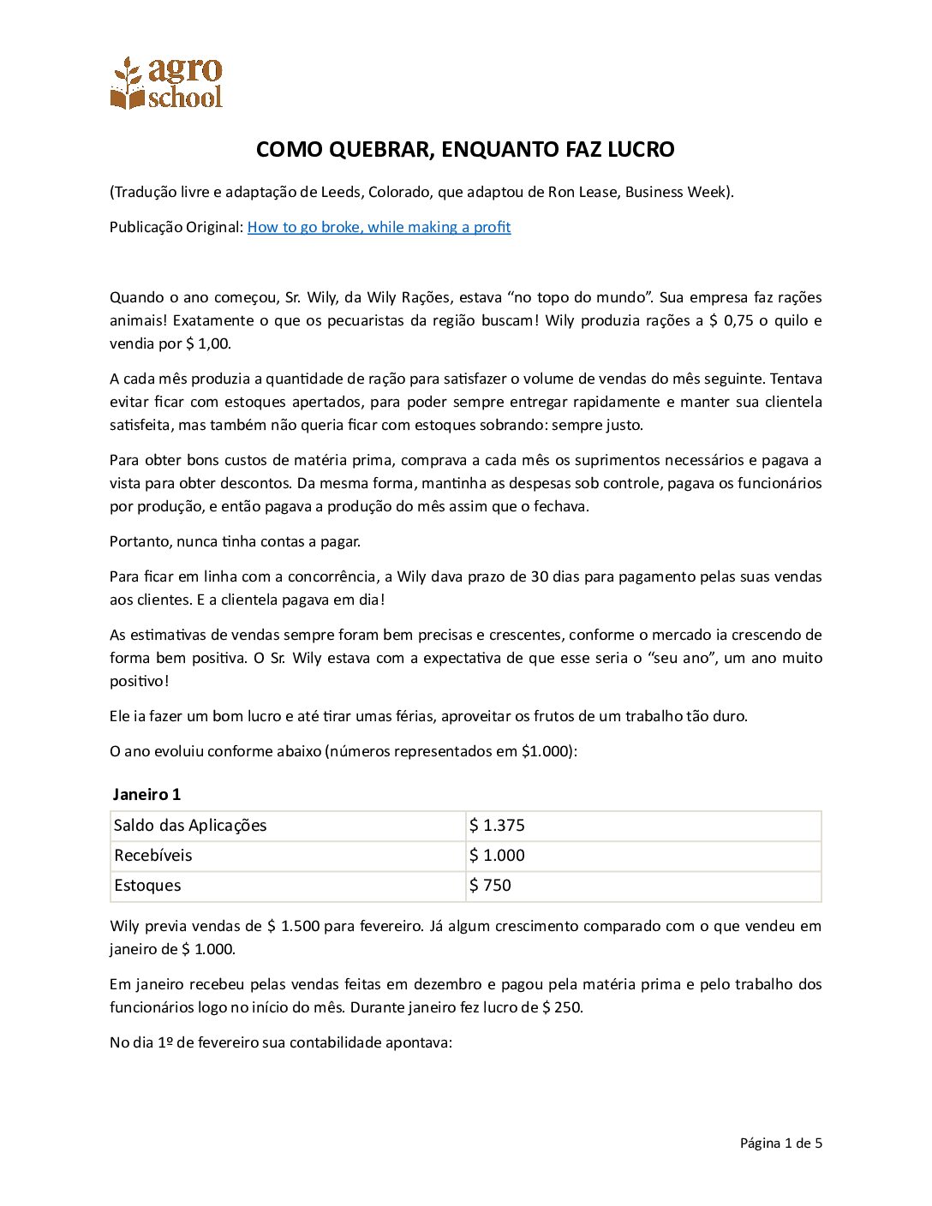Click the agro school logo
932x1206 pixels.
166,83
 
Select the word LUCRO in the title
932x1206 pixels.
641,150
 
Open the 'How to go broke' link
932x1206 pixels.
379,227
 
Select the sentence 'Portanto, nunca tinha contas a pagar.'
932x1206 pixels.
235,541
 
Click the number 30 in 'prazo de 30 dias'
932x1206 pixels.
539,576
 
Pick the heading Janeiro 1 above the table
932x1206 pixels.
146,794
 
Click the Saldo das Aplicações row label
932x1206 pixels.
190,826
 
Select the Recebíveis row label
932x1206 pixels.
153,856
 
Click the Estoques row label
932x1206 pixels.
147,886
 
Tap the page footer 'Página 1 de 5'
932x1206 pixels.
780,1143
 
